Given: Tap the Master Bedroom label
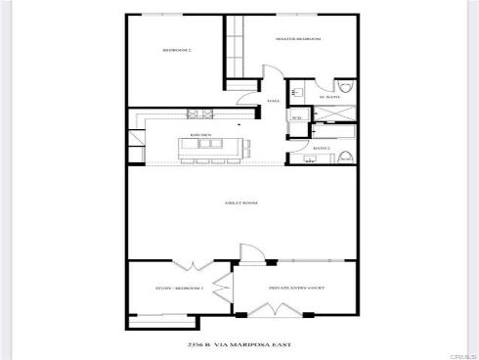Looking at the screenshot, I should (298, 39).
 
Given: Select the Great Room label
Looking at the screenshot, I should (239, 202).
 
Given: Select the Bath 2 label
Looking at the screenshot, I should (320, 149).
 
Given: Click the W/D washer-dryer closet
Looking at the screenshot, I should (296, 119).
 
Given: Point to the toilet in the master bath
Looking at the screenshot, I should (343, 86).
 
